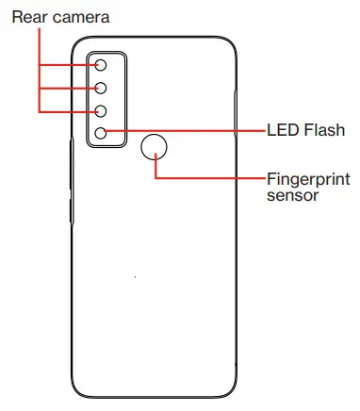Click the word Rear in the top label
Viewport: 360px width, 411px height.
click(x=27, y=16)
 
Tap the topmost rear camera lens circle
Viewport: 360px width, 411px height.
click(x=101, y=65)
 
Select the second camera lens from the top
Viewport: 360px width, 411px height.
click(x=101, y=88)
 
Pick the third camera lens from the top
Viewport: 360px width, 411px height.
click(x=101, y=110)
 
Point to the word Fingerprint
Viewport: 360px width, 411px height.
click(x=307, y=179)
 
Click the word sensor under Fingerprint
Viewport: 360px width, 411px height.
click(x=292, y=196)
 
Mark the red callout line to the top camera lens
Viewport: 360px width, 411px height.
click(x=66, y=65)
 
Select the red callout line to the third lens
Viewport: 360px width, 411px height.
click(x=66, y=110)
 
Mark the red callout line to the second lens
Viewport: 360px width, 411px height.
click(x=66, y=88)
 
